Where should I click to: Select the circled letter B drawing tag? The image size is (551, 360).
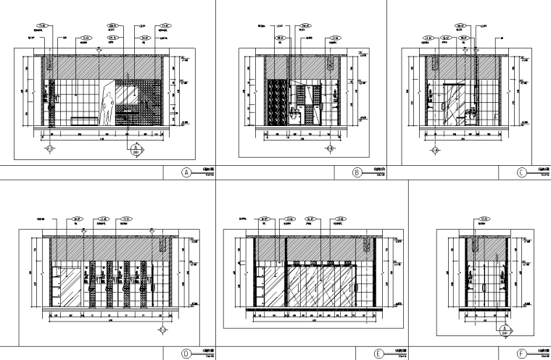point(357,173)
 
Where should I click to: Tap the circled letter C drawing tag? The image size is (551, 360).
point(522,173)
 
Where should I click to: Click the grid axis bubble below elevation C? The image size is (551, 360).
point(436,151)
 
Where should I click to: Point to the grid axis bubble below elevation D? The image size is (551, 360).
point(163,330)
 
